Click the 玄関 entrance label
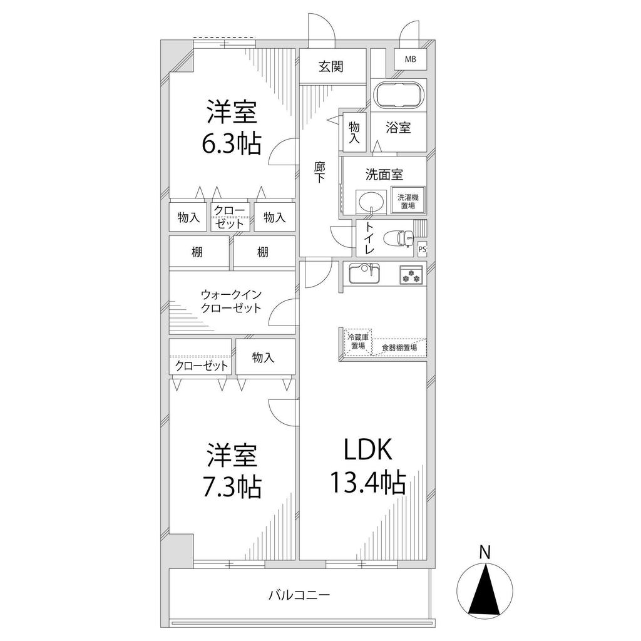(331, 66)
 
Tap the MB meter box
(411, 59)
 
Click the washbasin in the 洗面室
(371, 201)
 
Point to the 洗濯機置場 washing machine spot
(408, 200)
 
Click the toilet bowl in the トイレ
(399, 237)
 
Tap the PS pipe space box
(423, 249)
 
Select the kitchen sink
(365, 273)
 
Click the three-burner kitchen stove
(411, 275)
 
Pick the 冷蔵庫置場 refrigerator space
(359, 341)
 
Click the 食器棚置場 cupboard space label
(399, 348)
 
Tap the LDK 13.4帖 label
(368, 466)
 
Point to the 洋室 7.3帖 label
(232, 471)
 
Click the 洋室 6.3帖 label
(232, 128)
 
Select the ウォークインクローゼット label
(231, 301)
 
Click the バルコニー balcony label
(299, 595)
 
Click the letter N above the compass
(485, 552)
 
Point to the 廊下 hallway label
(320, 172)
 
